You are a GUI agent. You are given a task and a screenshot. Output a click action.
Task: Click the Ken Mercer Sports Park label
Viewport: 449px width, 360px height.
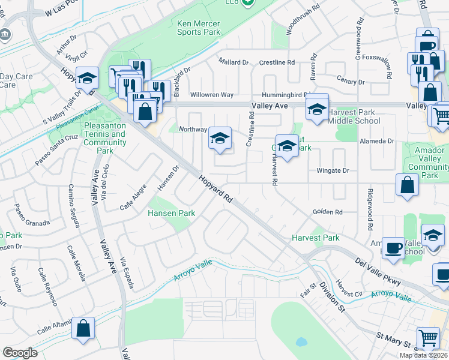199,28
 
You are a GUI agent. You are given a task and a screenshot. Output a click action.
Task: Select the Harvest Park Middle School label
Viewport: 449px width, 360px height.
354,116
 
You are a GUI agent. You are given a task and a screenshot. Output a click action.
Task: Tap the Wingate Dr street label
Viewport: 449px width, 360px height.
333,170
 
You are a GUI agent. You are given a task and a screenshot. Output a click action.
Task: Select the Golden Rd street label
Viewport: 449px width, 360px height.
327,212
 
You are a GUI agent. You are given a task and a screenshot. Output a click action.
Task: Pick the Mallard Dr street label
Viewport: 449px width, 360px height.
234,62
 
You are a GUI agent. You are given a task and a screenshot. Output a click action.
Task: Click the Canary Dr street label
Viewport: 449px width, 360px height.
351,82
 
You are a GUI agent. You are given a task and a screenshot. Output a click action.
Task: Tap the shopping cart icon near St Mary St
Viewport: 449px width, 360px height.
427,338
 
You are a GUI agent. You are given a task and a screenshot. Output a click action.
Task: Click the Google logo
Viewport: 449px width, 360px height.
20,353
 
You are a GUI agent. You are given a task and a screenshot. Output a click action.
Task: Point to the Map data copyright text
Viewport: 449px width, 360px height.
423,355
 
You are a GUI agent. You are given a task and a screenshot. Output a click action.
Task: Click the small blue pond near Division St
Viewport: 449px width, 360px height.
300,342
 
